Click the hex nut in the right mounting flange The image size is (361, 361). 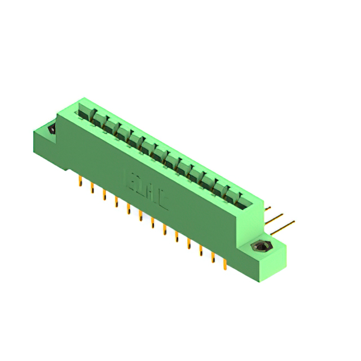pyautogui.click(x=261, y=246)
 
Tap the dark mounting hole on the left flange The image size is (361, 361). pyautogui.click(x=52, y=129)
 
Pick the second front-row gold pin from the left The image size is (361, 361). pyautogui.click(x=92, y=188)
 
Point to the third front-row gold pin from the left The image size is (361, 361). pyautogui.click(x=104, y=195)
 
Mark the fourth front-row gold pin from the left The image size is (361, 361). pyautogui.click(x=116, y=201)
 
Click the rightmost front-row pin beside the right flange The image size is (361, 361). pyautogui.click(x=224, y=263)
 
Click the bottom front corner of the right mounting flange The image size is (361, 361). pyautogui.click(x=260, y=281)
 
